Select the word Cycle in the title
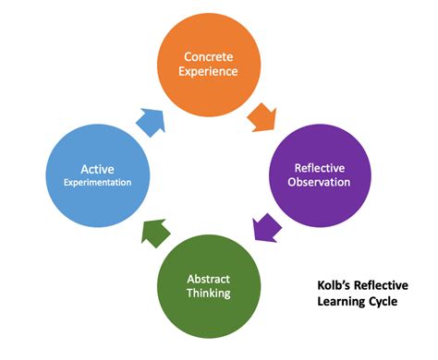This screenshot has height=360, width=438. click(383, 301)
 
